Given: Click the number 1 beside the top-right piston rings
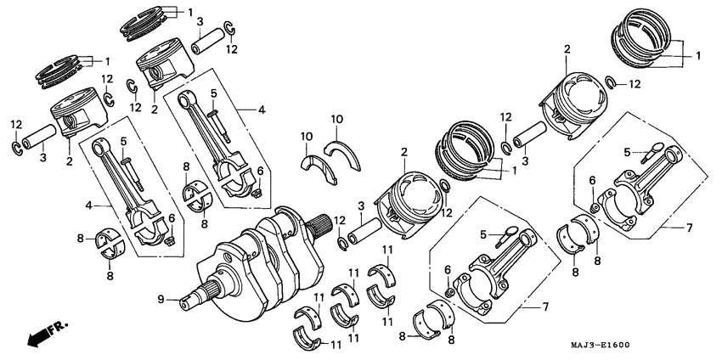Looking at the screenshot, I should (x=697, y=56).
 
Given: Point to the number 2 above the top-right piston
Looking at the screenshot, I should (x=566, y=51).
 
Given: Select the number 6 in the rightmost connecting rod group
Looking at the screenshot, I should (x=592, y=181).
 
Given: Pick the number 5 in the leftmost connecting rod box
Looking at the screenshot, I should (x=123, y=140).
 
